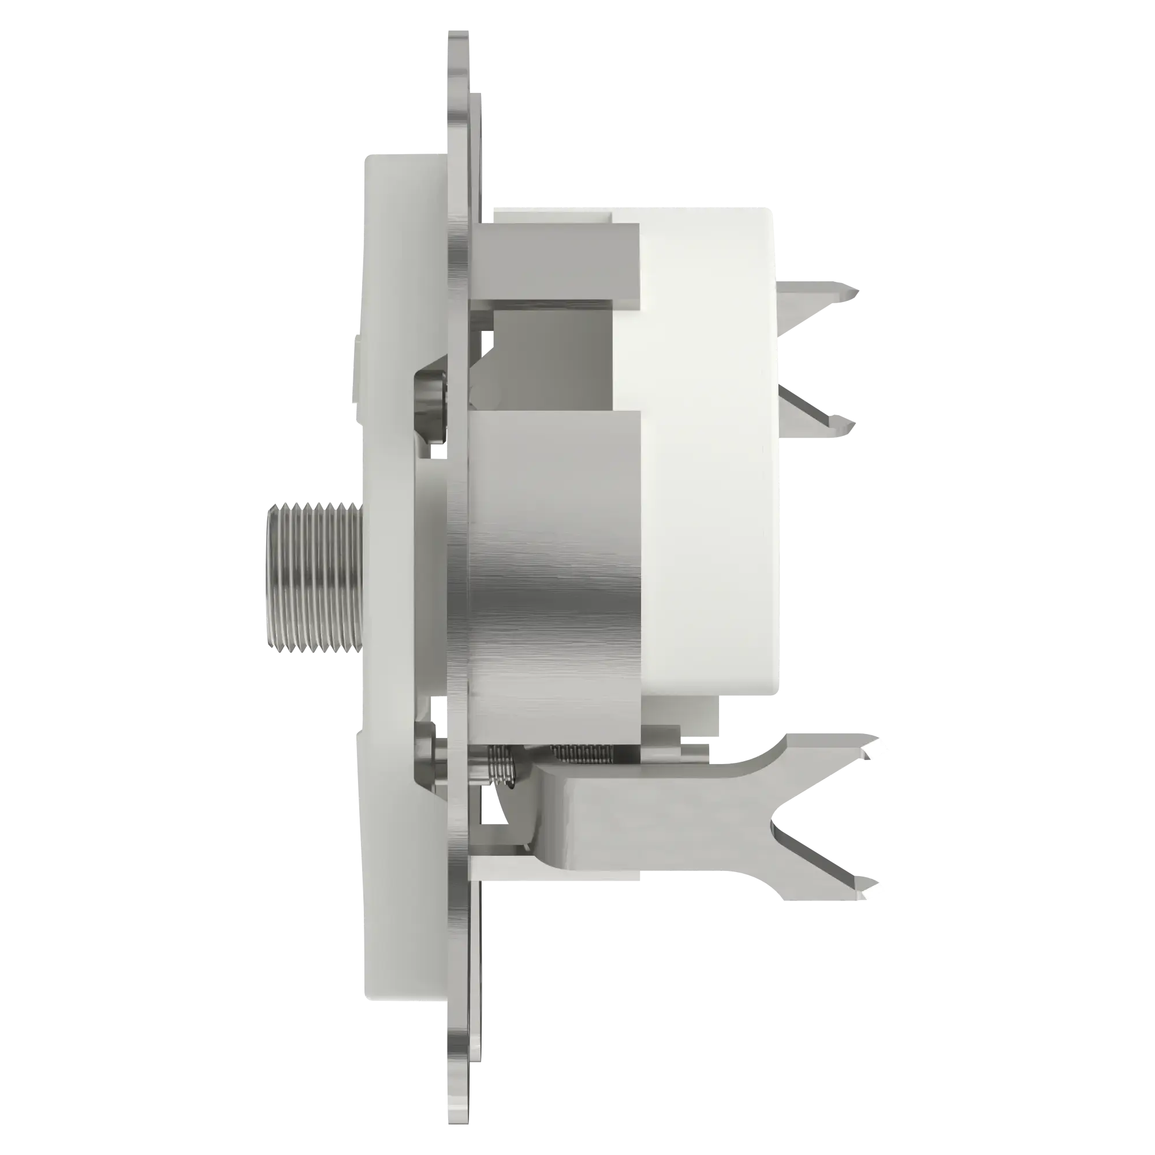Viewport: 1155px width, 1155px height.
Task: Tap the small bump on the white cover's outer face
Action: coord(358,341)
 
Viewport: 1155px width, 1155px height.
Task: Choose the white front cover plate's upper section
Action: coord(401,239)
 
